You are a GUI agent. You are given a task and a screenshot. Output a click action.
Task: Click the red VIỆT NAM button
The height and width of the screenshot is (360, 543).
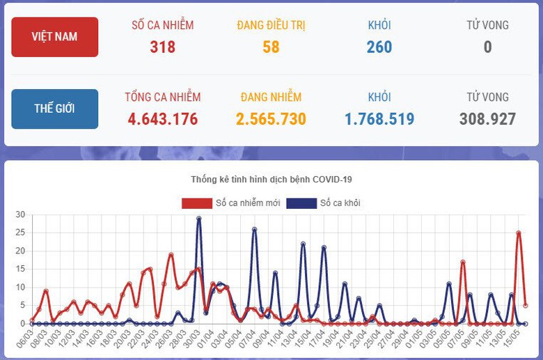pyautogui.click(x=54, y=37)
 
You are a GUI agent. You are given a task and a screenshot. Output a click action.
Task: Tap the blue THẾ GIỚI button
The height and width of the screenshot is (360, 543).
pyautogui.click(x=54, y=109)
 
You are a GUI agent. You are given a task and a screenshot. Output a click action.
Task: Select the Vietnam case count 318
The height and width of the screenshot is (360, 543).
pyautogui.click(x=163, y=47)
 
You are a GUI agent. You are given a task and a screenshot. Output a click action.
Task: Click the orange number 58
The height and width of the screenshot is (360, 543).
pyautogui.click(x=271, y=47)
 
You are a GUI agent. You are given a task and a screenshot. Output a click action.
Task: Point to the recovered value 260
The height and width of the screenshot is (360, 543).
pyautogui.click(x=379, y=47)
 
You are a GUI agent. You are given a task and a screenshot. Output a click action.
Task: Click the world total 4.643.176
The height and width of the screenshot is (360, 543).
pyautogui.click(x=163, y=119)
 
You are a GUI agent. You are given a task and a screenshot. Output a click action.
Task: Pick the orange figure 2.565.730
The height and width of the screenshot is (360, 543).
pyautogui.click(x=271, y=119)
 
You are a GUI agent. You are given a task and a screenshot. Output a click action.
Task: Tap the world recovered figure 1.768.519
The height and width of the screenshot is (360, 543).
pyautogui.click(x=379, y=119)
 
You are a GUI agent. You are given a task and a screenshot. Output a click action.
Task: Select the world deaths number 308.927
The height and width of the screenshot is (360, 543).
pyautogui.click(x=487, y=119)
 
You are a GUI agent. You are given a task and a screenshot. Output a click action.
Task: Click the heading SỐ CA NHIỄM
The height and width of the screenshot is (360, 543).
pyautogui.click(x=163, y=25)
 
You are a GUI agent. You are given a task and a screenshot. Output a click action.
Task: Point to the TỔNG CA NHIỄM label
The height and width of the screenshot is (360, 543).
pyautogui.click(x=163, y=97)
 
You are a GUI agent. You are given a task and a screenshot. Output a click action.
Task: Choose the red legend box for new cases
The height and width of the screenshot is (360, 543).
pyautogui.click(x=196, y=203)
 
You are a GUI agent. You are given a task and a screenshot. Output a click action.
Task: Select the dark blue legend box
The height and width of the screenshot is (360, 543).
pyautogui.click(x=301, y=203)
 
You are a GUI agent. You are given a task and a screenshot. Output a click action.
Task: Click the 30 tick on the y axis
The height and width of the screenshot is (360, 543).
pyautogui.click(x=20, y=214)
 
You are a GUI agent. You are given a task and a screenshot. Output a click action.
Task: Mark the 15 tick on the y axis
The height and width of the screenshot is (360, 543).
pyautogui.click(x=20, y=269)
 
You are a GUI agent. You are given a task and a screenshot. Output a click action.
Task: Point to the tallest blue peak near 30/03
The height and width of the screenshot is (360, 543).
pyautogui.click(x=199, y=218)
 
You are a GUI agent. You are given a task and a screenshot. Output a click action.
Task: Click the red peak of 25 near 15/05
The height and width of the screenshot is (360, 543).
pyautogui.click(x=519, y=233)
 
